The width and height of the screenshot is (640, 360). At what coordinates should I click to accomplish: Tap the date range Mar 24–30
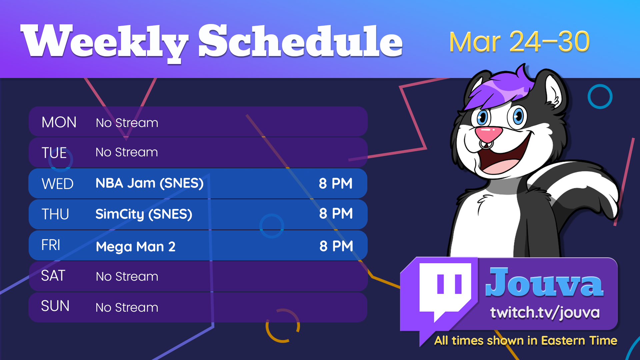519,42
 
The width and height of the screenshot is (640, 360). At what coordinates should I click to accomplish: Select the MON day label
59,122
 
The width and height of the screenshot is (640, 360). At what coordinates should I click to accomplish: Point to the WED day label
57,184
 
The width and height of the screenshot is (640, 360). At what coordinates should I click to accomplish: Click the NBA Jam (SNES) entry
150,183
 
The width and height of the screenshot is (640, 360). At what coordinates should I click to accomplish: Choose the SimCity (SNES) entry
144,214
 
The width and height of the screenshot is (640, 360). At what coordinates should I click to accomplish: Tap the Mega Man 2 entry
136,247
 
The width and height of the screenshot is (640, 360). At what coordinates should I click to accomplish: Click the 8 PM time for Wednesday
336,183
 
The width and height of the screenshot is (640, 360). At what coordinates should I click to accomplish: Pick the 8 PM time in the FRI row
336,246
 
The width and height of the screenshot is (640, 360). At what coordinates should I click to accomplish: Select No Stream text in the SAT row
127,276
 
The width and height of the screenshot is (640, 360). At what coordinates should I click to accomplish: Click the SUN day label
55,306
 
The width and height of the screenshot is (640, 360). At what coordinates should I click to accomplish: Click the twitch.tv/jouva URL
545,313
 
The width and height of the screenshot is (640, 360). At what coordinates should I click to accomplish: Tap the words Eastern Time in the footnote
579,340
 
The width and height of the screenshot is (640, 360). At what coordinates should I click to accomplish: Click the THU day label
55,214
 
